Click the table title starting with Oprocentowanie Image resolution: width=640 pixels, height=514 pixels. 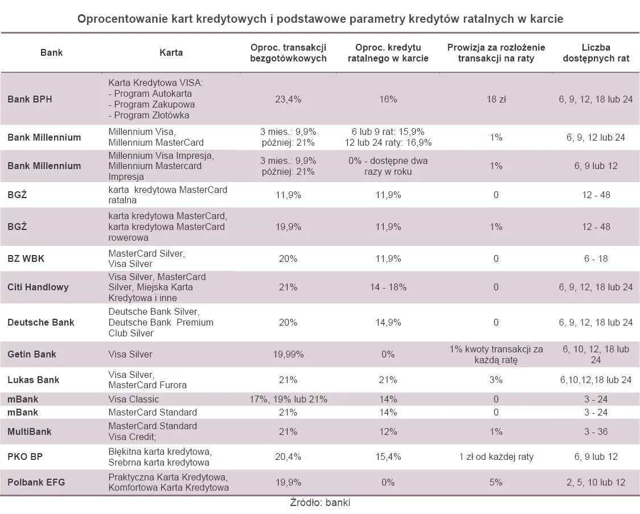[320, 19]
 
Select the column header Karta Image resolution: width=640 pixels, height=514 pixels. [171, 52]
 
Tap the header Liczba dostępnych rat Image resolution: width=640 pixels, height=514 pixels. [596, 53]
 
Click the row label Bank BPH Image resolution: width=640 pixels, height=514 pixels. [30, 99]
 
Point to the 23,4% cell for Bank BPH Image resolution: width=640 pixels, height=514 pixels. [288, 99]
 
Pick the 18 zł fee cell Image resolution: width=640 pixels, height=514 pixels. [496, 99]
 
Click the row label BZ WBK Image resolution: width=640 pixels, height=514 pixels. [26, 258]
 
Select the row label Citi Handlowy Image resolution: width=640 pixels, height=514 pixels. [38, 287]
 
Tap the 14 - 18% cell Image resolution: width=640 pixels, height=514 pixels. [388, 287]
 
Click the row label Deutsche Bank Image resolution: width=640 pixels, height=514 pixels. [40, 322]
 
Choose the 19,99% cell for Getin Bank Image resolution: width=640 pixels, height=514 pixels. [288, 354]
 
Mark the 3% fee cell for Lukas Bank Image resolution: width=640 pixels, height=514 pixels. [496, 380]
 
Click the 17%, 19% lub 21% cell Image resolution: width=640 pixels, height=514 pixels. [288, 399]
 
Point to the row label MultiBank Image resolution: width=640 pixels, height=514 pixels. [29, 431]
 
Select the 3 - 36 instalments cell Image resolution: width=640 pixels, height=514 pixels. [596, 431]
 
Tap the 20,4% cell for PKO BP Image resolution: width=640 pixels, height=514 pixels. [288, 457]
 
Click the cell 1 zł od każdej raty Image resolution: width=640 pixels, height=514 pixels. [496, 457]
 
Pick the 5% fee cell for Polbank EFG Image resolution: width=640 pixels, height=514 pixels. [496, 482]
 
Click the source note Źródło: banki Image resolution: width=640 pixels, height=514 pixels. [320, 503]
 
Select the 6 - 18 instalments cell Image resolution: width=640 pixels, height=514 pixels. [596, 258]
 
